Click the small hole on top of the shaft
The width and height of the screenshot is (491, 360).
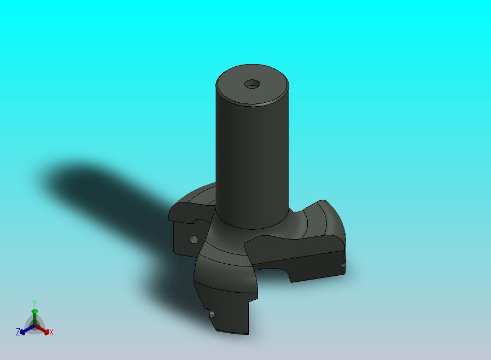[253, 84]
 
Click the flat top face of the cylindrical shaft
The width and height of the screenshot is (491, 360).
[253, 85]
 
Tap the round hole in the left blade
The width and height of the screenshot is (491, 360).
[194, 240]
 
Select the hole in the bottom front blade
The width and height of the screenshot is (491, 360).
[212, 313]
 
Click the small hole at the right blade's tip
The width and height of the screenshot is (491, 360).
[343, 265]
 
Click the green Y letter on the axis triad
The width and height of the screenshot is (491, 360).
[34, 303]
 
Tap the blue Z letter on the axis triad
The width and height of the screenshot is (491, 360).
[18, 332]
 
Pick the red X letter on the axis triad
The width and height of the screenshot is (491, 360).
[51, 332]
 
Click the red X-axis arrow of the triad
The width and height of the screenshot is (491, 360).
[42, 329]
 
